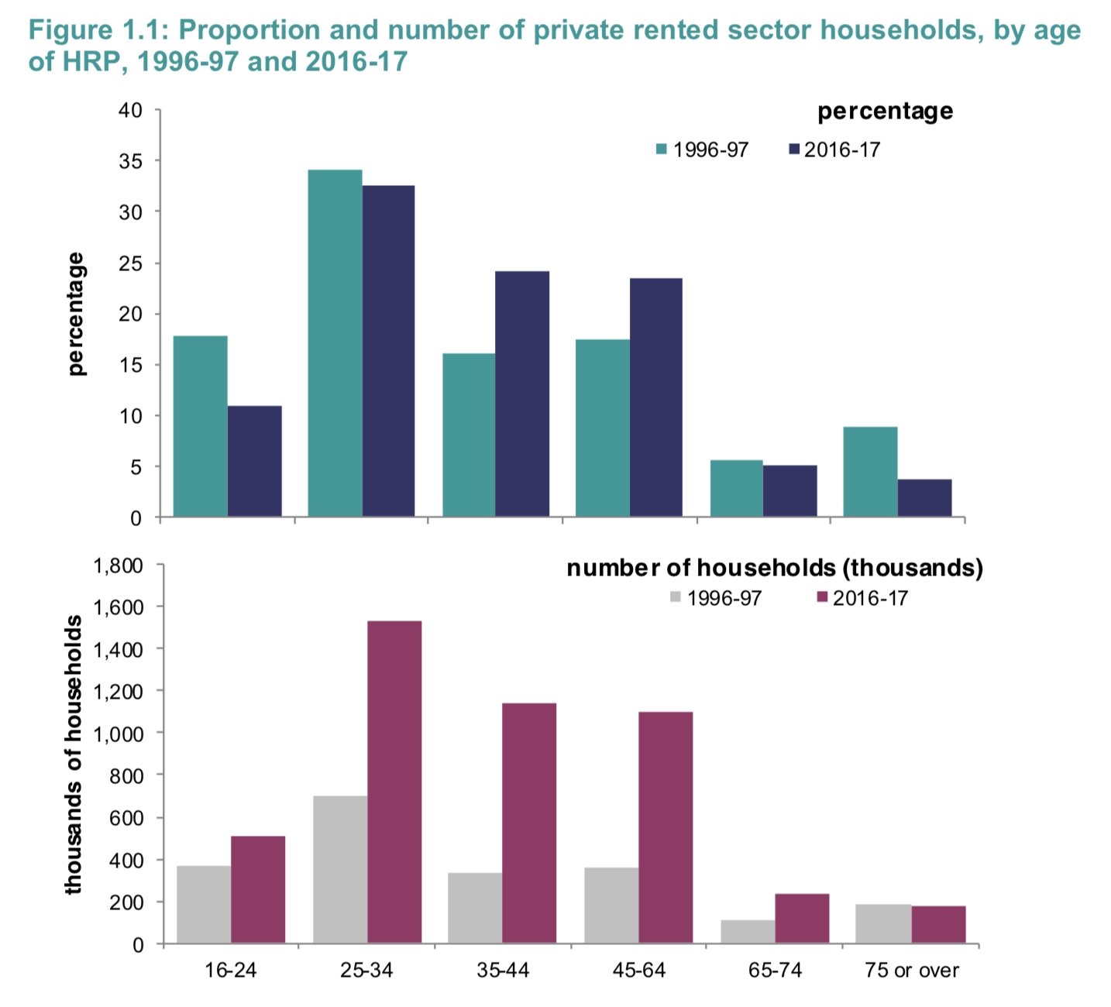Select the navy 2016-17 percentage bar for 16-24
click(255, 461)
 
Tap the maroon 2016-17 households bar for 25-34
click(394, 782)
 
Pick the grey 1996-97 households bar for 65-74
click(748, 931)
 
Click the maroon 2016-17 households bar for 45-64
click(666, 827)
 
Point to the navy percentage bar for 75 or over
click(924, 498)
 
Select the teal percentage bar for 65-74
click(737, 488)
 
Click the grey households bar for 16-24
click(204, 904)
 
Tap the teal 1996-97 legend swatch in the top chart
click(662, 150)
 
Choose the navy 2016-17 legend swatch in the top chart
click(793, 150)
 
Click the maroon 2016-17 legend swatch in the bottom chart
click(823, 598)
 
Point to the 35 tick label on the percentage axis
click(130, 161)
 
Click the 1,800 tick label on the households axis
click(118, 565)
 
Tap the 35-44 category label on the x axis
click(503, 971)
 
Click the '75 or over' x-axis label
click(912, 971)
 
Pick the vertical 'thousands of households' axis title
click(74, 755)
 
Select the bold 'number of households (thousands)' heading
click(775, 568)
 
